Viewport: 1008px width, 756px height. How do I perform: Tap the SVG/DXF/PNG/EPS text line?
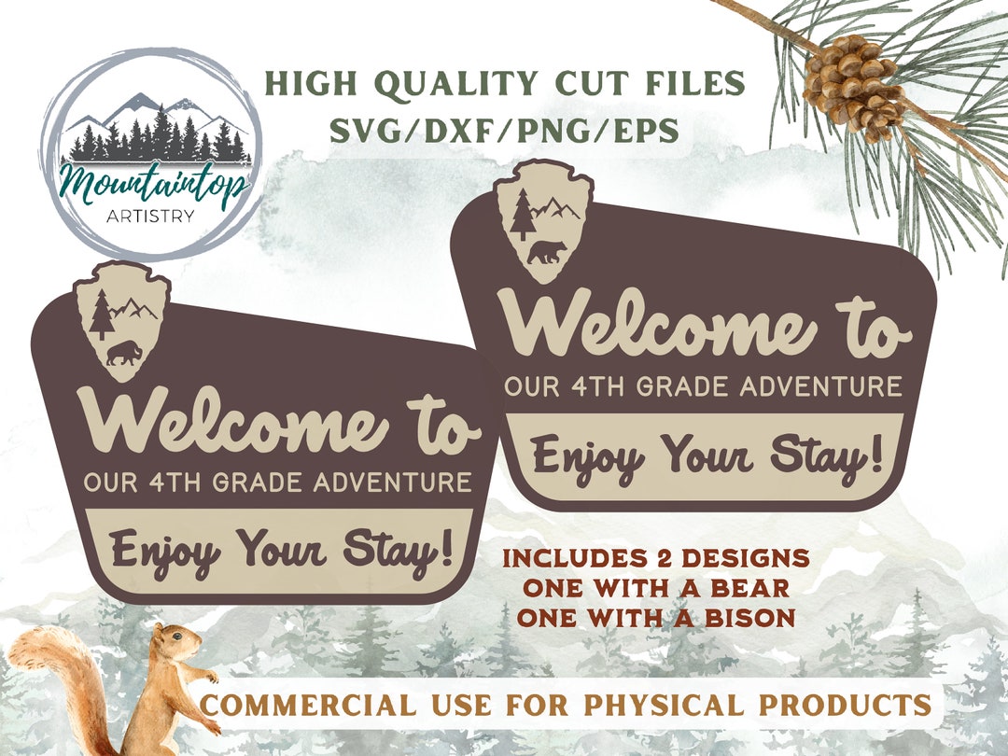[x=504, y=132]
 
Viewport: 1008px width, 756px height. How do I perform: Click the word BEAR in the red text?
[x=754, y=589]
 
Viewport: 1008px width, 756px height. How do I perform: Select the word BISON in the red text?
[x=754, y=617]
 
